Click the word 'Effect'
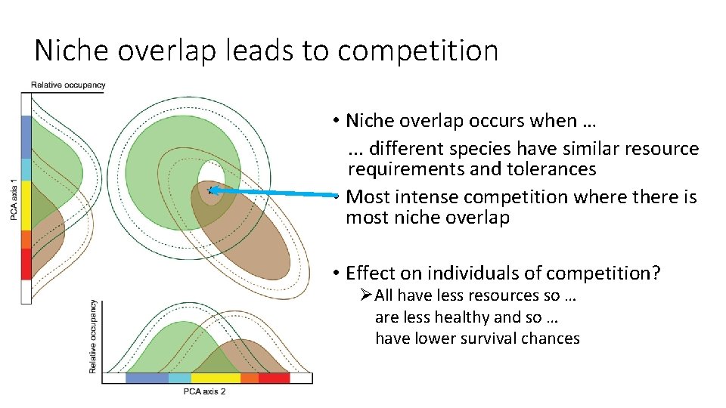372,273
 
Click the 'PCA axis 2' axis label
204,391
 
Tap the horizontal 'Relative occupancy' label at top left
68,85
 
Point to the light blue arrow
272,193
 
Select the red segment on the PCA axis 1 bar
26,264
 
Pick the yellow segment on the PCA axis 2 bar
215,378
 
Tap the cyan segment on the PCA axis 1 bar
26,169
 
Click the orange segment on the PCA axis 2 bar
249,378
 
